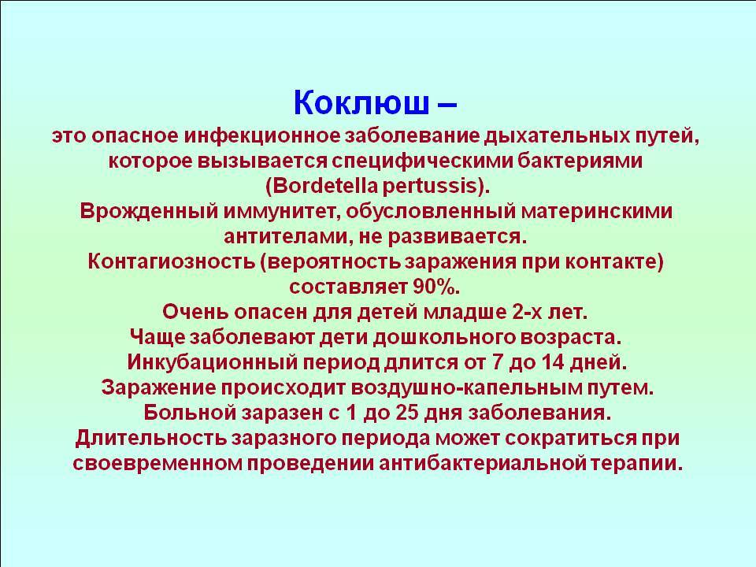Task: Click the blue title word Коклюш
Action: point(361,102)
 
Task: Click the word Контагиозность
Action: point(171,261)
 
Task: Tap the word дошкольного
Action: point(444,337)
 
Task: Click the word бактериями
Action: point(580,161)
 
